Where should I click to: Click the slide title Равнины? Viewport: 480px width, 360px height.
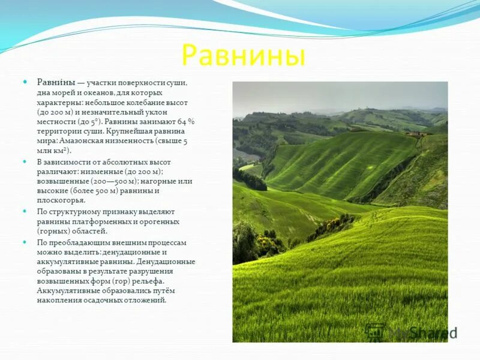(243, 55)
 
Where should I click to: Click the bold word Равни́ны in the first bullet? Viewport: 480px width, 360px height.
(56, 82)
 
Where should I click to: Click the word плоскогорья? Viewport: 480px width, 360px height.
(61, 200)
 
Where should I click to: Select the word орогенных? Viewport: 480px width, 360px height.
(155, 221)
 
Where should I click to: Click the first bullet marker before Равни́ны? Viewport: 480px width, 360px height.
(25, 82)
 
